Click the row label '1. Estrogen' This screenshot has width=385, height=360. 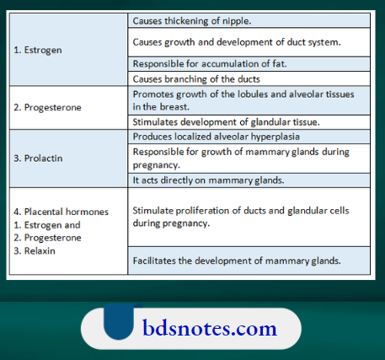[x=39, y=50]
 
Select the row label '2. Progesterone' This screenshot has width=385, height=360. [x=49, y=108]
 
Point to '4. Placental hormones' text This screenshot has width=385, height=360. [x=61, y=212]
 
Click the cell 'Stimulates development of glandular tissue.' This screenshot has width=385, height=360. [x=225, y=121]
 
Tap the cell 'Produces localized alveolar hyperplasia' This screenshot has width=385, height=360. [x=217, y=136]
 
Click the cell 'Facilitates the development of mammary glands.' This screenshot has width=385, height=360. [x=237, y=261]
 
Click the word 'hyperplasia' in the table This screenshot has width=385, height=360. [x=275, y=136]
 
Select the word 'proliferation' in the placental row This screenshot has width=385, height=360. [x=202, y=210]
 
